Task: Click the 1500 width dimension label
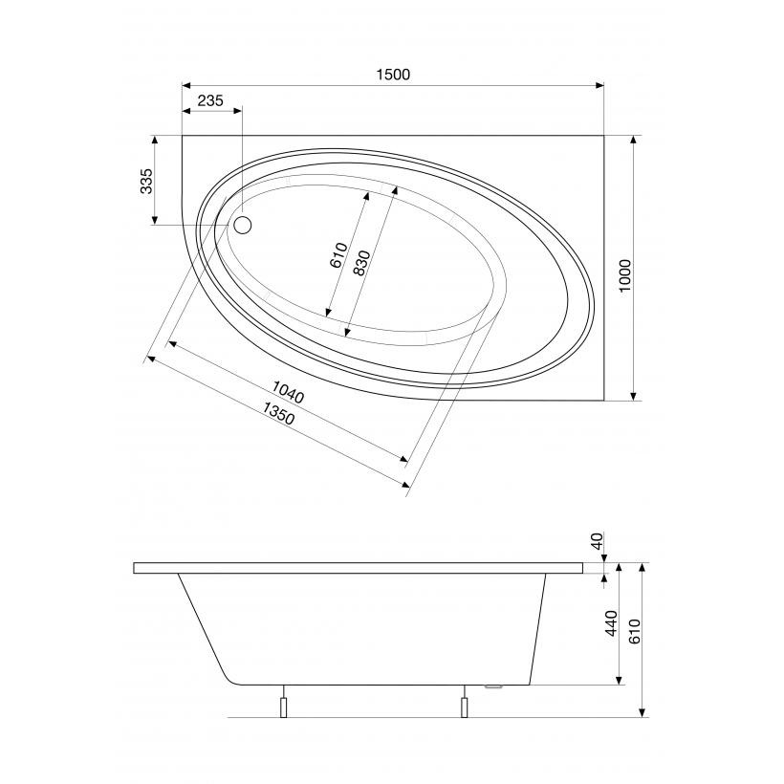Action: pyautogui.click(x=393, y=75)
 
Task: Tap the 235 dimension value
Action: pyautogui.click(x=210, y=100)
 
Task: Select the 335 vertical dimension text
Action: pyautogui.click(x=146, y=182)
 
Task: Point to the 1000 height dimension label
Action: pyautogui.click(x=625, y=276)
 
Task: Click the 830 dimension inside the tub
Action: pyautogui.click(x=361, y=263)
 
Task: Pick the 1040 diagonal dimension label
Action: pyautogui.click(x=288, y=391)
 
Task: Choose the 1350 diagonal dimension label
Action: pyautogui.click(x=278, y=413)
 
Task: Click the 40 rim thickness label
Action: pyautogui.click(x=598, y=541)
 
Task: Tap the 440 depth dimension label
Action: pyautogui.click(x=612, y=623)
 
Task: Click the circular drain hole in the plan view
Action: pyautogui.click(x=243, y=226)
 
